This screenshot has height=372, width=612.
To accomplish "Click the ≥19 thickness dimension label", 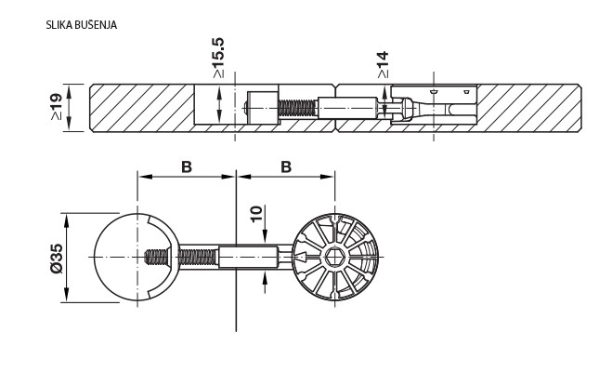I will (55, 110).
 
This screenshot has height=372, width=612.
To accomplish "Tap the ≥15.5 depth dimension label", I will (218, 59).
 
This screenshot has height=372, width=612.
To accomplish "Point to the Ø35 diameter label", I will (55, 256).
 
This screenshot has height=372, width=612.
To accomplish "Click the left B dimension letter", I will (186, 167).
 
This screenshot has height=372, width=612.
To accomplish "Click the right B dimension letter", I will (286, 167).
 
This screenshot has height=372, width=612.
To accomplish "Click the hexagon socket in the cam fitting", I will (333, 257).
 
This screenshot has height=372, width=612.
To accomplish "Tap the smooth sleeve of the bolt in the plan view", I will (249, 256).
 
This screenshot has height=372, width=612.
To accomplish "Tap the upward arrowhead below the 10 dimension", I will (265, 273).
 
